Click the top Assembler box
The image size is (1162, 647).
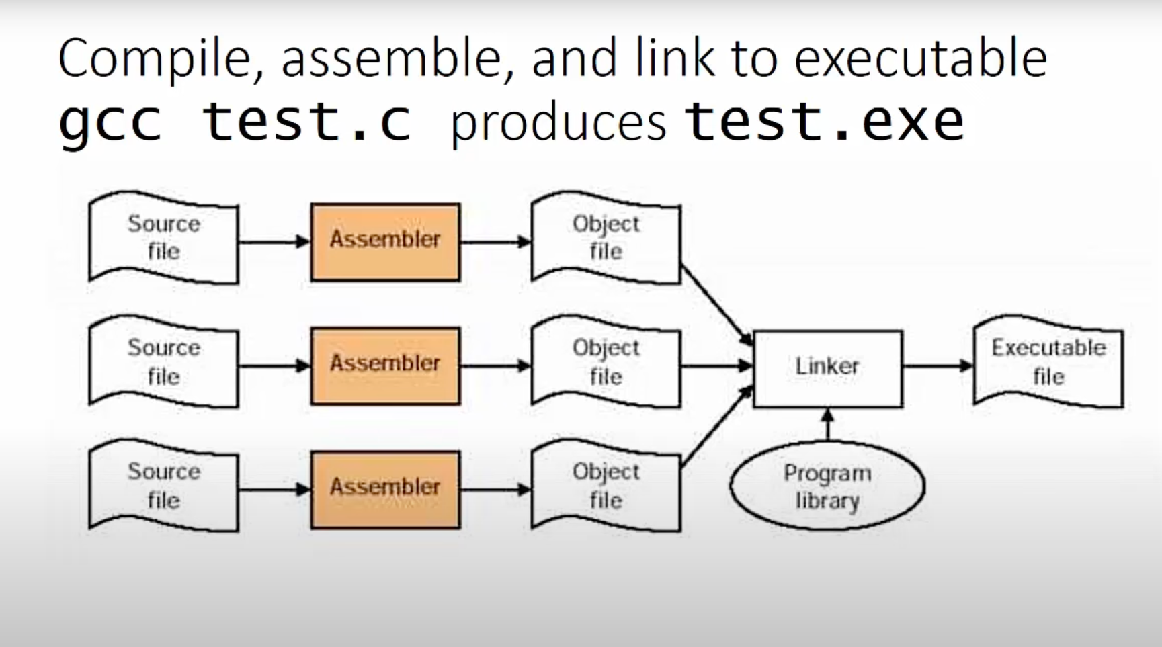pyautogui.click(x=385, y=242)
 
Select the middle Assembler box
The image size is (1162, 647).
pyautogui.click(x=385, y=366)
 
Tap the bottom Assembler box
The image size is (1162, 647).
pyautogui.click(x=385, y=490)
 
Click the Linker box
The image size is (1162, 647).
pyautogui.click(x=827, y=369)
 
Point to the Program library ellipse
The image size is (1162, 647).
pyautogui.click(x=827, y=486)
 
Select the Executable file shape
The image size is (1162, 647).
pyautogui.click(x=1048, y=361)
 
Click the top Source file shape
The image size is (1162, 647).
pyautogui.click(x=163, y=237)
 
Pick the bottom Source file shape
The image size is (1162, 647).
pyautogui.click(x=163, y=486)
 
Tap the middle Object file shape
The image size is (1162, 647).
pyautogui.click(x=606, y=361)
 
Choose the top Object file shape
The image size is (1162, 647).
pyautogui.click(x=606, y=237)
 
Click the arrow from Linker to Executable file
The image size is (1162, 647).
pyautogui.click(x=938, y=366)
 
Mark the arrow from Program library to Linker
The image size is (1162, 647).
pyautogui.click(x=828, y=425)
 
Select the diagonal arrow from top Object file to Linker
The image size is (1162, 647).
pyautogui.click(x=716, y=305)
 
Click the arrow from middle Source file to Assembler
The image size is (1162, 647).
pyautogui.click(x=275, y=366)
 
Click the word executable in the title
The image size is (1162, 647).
pyautogui.click(x=921, y=58)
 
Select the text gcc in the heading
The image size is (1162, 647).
pyautogui.click(x=110, y=124)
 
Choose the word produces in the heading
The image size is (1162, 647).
pyautogui.click(x=558, y=124)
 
